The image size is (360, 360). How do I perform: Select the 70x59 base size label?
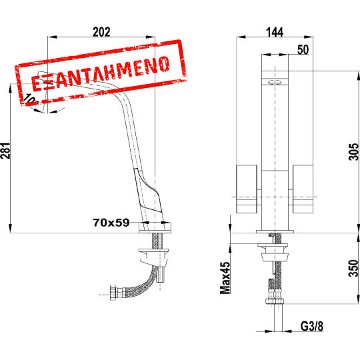[111, 224]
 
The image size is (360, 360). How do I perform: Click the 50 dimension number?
[303, 50]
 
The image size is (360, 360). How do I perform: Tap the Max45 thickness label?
[226, 277]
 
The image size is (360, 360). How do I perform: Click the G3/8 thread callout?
[311, 327]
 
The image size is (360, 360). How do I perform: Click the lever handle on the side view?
[148, 193]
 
